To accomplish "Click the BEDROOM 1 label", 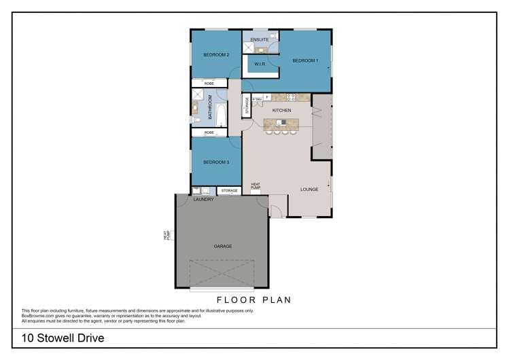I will point(305,61).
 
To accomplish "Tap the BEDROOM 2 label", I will point(216,55).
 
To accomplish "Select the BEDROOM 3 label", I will point(216,162).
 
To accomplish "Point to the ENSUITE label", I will point(260,40).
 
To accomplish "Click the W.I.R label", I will point(260,64).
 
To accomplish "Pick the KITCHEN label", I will point(281,110).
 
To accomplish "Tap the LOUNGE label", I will point(310,190).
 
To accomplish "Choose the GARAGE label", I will point(223,246).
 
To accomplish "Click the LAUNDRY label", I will point(203,200).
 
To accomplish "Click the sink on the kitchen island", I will point(283,122).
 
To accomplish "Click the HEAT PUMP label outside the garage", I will point(165,236).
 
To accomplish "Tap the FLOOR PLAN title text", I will point(254,299).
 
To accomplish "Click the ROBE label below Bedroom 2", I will point(209,84).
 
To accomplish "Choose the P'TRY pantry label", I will point(257,99).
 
